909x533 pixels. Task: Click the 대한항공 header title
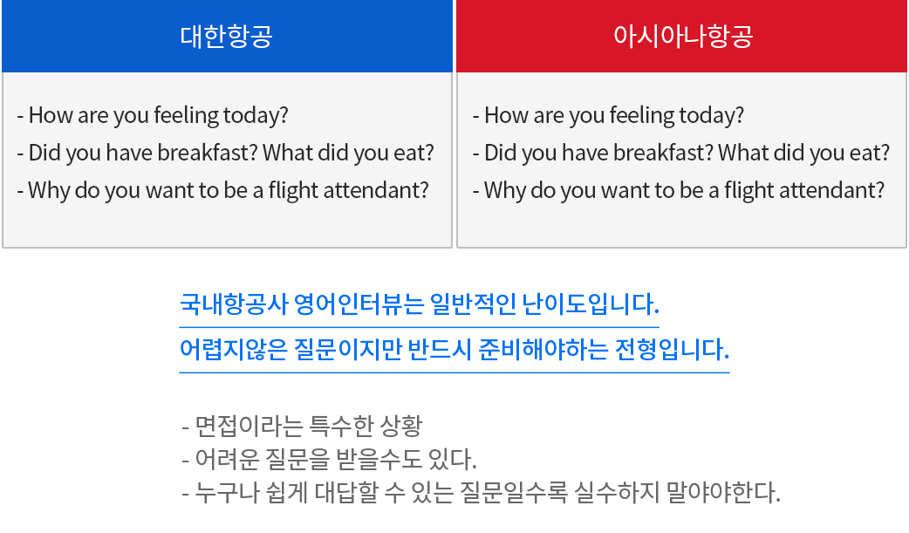[226, 36]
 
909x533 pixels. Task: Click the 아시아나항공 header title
[683, 36]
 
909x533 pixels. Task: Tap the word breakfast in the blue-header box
[208, 153]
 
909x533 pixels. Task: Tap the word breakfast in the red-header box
[663, 153]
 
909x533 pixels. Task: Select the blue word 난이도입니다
[591, 304]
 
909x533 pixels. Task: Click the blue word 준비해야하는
[543, 349]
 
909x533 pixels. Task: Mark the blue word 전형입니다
[672, 349]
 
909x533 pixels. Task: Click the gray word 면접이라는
[248, 427]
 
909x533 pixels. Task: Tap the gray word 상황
[400, 427]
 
